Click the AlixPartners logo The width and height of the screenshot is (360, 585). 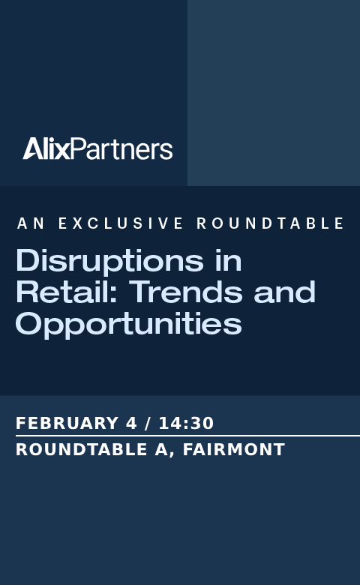[97, 148]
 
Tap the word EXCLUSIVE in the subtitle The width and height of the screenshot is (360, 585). [121, 223]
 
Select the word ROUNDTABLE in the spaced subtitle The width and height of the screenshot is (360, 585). [270, 223]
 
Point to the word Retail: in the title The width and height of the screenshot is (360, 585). [67, 292]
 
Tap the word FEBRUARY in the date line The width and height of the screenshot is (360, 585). [67, 424]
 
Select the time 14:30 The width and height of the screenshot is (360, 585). [186, 424]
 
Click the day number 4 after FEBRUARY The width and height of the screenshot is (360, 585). [131, 424]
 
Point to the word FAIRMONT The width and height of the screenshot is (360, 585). [234, 449]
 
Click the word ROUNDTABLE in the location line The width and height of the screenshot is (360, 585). [81, 449]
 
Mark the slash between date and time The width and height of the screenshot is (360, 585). [148, 424]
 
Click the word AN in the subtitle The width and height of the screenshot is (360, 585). [31, 223]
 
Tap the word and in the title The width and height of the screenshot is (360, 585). [285, 292]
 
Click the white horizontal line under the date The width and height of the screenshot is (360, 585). [187, 436]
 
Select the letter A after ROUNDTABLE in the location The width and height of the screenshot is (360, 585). [161, 449]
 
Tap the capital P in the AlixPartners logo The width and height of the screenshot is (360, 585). [78, 148]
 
